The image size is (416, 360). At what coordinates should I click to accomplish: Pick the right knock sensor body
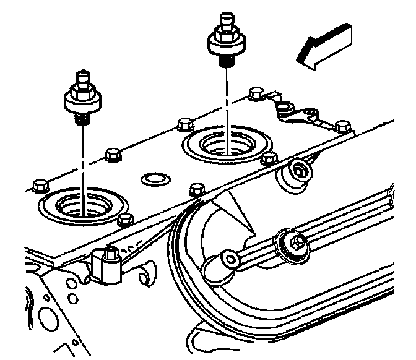point(225,41)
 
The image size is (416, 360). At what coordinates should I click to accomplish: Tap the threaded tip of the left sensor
point(79,118)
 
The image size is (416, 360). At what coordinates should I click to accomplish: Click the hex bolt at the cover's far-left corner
point(39,184)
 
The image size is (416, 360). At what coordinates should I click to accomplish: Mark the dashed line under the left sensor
point(80,161)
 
